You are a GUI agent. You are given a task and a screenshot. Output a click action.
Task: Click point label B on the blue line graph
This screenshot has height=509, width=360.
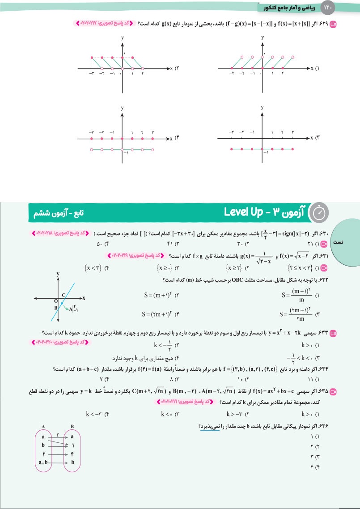point(55,308)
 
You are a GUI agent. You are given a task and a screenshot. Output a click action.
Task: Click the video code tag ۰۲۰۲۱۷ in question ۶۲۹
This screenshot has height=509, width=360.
point(93,21)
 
